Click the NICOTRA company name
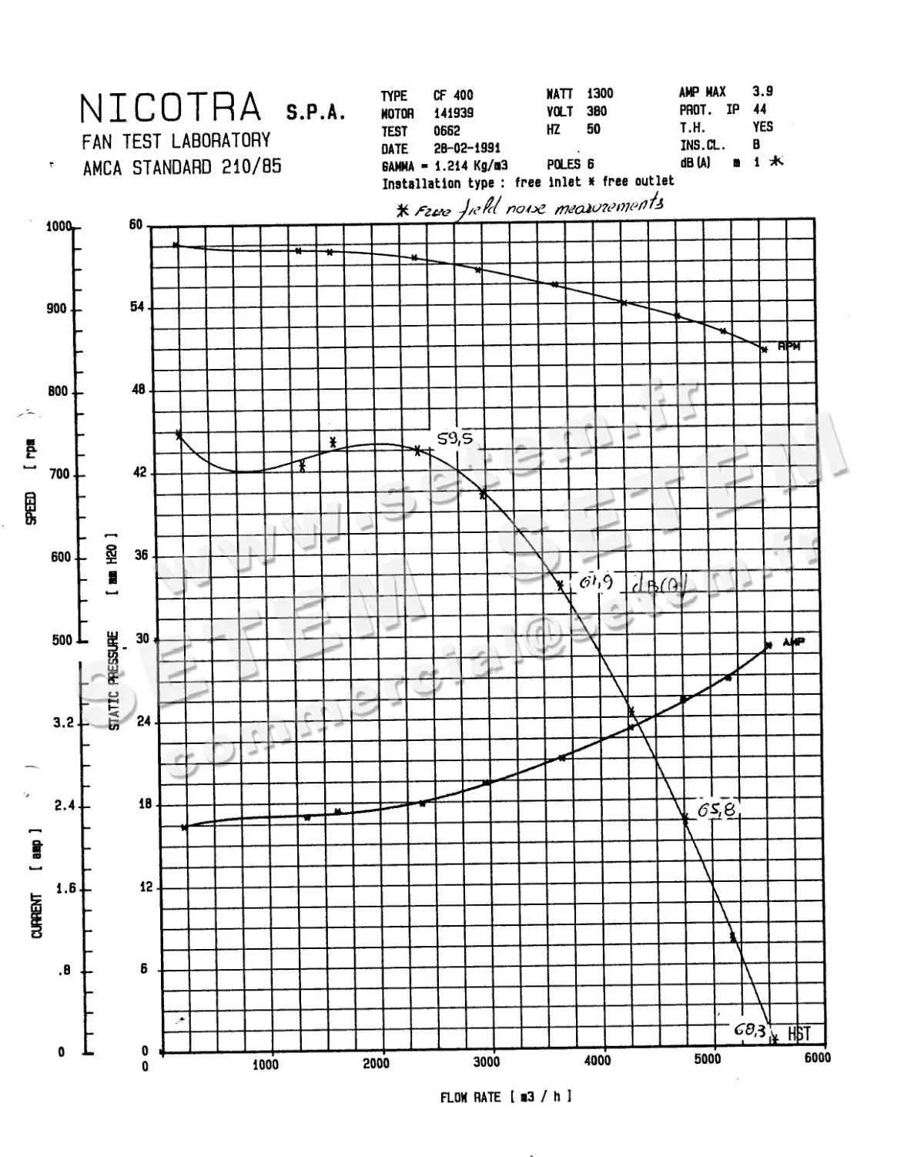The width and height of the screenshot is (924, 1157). [x=171, y=108]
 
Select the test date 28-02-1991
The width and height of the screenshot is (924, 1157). [x=467, y=149]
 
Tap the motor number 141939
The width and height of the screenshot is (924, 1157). [x=454, y=113]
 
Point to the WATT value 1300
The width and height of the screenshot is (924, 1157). [x=600, y=94]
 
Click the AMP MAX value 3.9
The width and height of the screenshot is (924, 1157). [x=762, y=92]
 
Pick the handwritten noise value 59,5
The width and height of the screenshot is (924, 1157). [x=454, y=439]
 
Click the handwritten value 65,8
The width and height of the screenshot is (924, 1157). [x=716, y=810]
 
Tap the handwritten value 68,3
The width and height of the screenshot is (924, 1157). [x=749, y=1030]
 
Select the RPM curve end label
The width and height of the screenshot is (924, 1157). [x=788, y=347]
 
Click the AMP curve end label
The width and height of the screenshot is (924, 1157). [x=793, y=642]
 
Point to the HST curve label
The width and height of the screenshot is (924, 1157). [x=798, y=1035]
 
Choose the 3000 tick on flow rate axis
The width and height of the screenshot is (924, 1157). [x=487, y=1062]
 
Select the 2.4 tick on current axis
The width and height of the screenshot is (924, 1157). [x=65, y=807]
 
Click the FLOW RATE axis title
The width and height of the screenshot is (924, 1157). [x=506, y=1097]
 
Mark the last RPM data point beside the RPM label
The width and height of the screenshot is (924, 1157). [x=764, y=350]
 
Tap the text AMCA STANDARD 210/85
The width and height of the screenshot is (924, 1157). [x=182, y=167]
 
